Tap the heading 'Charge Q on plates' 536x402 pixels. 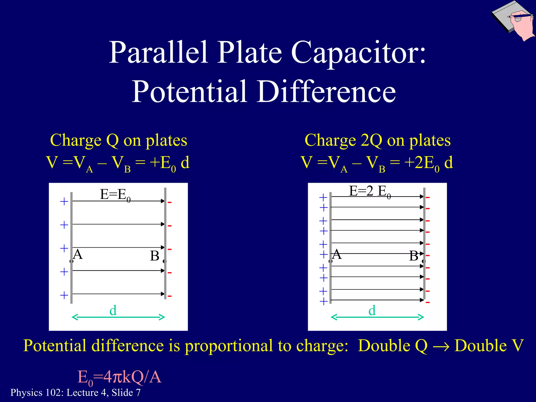(119, 140)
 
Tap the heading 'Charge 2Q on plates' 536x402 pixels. (378, 140)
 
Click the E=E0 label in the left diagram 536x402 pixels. (115, 195)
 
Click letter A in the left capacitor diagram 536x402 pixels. (78, 254)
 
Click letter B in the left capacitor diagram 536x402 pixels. (155, 256)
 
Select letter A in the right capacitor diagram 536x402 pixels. (337, 254)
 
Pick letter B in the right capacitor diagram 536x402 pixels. (414, 256)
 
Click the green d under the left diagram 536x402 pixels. (113, 311)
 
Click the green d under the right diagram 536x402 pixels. (372, 311)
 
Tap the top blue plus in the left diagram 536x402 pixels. (64, 202)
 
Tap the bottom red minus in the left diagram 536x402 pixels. (170, 296)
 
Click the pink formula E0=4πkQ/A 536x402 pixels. (119, 378)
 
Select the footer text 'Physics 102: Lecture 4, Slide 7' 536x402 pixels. (75, 393)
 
